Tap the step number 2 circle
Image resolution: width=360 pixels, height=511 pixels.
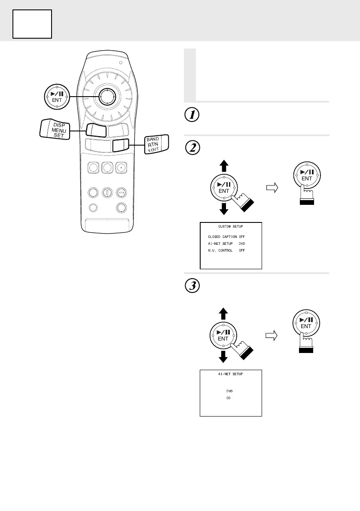pyautogui.click(x=190, y=148)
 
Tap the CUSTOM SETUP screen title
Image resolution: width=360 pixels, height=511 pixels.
pyautogui.click(x=230, y=227)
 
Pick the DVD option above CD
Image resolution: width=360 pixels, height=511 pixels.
pyautogui.click(x=230, y=391)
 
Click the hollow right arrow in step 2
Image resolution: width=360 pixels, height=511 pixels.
pyautogui.click(x=272, y=187)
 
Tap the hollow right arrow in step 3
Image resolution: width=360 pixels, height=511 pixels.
pyautogui.click(x=272, y=335)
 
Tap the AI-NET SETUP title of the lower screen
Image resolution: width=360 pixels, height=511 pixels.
pyautogui.click(x=230, y=374)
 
